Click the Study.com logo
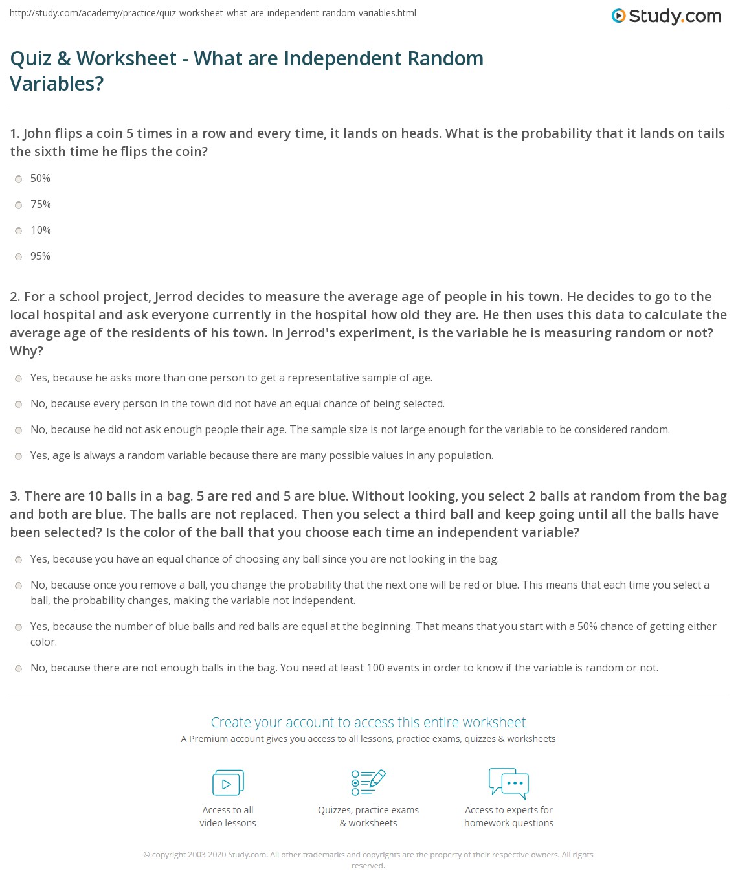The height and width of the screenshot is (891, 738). (666, 16)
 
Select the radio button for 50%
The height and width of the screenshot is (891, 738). (19, 179)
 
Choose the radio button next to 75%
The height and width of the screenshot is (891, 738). (19, 205)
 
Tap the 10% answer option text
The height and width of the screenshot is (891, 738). (41, 231)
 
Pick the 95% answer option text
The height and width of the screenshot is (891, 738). (40, 256)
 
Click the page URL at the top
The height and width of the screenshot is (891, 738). (213, 13)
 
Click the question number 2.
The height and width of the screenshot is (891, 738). (14, 297)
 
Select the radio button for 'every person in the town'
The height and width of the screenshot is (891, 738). (19, 405)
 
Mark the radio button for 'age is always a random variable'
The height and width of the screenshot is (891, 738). (19, 457)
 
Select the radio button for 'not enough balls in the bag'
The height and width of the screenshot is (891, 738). (19, 669)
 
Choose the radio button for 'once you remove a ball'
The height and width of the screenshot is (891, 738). (19, 586)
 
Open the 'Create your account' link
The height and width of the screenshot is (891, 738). (368, 722)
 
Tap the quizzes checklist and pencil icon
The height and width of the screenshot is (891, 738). (368, 782)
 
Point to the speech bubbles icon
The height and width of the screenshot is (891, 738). (509, 782)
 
